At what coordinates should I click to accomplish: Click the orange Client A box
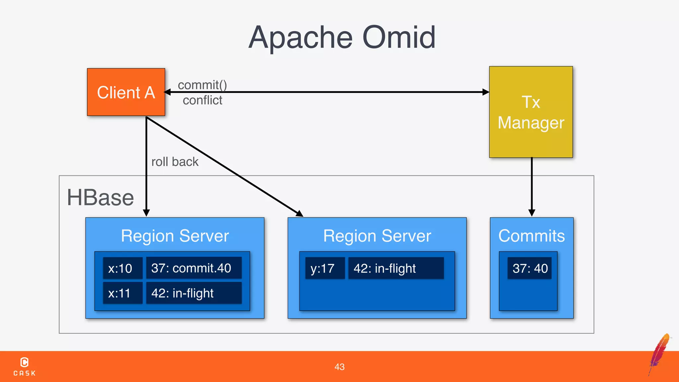tap(126, 92)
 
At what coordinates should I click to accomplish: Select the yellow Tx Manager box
tap(531, 112)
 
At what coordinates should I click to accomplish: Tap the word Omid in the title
tap(399, 37)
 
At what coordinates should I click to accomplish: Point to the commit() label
tap(202, 85)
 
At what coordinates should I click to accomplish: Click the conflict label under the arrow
tap(202, 100)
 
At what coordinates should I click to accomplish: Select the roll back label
tap(175, 162)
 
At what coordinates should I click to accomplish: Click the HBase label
tap(100, 198)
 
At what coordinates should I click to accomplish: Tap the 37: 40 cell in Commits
tap(529, 268)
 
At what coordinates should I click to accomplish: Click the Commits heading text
tap(531, 236)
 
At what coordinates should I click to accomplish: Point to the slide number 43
tap(339, 367)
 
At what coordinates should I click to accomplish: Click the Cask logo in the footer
tap(25, 366)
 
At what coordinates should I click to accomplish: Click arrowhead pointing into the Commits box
tap(532, 213)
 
